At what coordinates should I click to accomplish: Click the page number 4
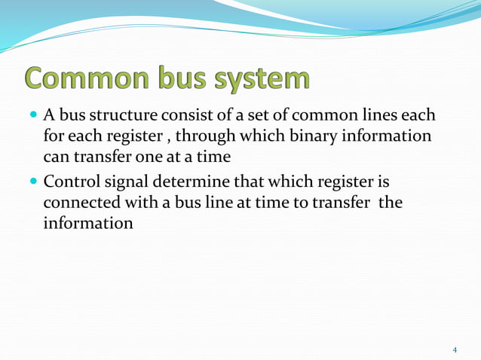(455, 350)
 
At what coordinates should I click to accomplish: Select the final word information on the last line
(88, 225)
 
